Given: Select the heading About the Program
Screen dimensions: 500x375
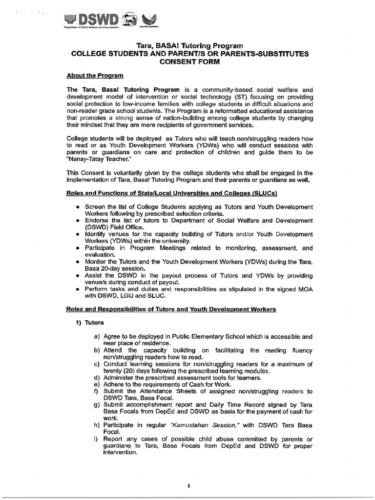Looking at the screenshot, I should (x=95, y=76).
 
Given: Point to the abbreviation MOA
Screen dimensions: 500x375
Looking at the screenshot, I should (x=303, y=289).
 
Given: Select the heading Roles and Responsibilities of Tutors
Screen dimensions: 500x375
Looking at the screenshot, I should (x=171, y=310).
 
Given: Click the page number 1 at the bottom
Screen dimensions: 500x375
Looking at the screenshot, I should (x=188, y=486).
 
